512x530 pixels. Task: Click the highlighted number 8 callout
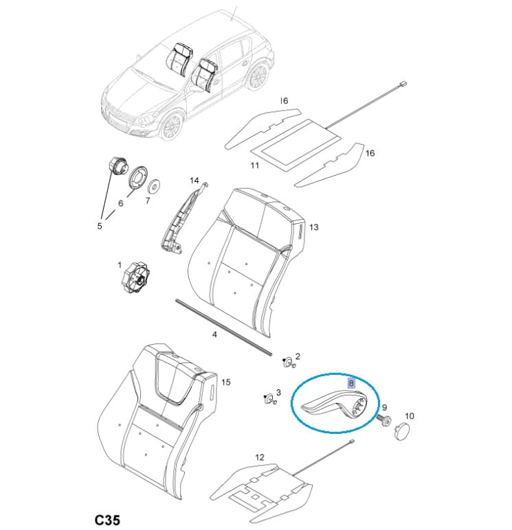pos(351,383)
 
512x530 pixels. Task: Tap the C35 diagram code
pos(108,520)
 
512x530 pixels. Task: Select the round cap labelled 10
pos(401,431)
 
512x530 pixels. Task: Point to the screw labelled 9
pos(384,420)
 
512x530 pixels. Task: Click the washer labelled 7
pos(155,185)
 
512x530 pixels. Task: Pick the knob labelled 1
pos(136,277)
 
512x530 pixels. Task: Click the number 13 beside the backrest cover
pos(313,227)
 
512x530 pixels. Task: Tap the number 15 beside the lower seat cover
pos(225,382)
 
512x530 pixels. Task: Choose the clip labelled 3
pos(269,398)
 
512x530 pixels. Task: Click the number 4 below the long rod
pos(214,334)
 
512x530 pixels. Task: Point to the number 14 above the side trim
pos(194,181)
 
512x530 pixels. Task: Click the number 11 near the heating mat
pos(254,165)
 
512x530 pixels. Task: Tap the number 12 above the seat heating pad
pos(259,457)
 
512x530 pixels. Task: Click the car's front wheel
pos(170,126)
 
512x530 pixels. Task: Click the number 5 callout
pos(100,226)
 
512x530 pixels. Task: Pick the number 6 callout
pos(120,203)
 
